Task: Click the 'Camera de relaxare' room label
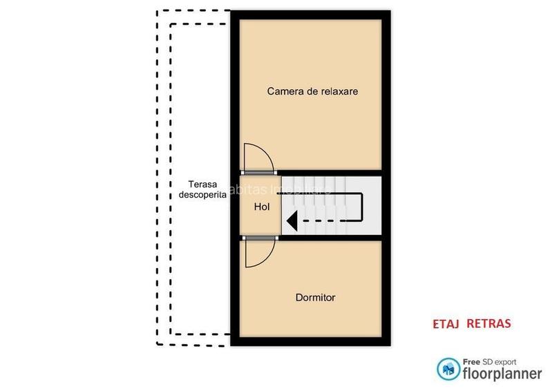pos(312,91)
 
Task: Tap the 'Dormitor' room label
pos(315,298)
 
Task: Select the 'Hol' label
pos(262,207)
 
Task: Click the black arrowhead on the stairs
pos(292,221)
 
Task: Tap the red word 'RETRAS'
pos(489,323)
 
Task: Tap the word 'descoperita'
pos(202,195)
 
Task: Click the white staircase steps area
pos(332,205)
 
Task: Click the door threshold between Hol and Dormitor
pos(259,238)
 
